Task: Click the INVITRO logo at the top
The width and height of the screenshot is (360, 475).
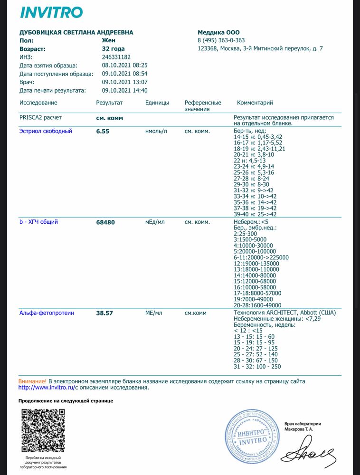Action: [51, 12]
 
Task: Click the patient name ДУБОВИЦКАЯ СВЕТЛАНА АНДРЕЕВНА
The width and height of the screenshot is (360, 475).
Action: [76, 32]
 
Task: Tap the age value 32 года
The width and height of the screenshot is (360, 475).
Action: [114, 48]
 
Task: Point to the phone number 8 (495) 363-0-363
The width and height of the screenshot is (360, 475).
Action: [221, 40]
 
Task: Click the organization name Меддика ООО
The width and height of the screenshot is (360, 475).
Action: [218, 32]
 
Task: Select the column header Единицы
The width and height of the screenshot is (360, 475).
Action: [157, 103]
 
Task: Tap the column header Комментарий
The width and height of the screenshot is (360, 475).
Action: [255, 103]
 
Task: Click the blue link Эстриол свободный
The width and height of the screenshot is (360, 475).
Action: [46, 131]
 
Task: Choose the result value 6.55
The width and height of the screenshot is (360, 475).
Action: [103, 131]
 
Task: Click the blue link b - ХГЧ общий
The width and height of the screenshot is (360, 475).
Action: [38, 222]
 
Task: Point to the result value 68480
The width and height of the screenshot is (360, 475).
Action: [105, 222]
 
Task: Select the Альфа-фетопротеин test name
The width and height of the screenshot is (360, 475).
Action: [47, 313]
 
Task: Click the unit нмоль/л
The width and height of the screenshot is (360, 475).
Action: [156, 131]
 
